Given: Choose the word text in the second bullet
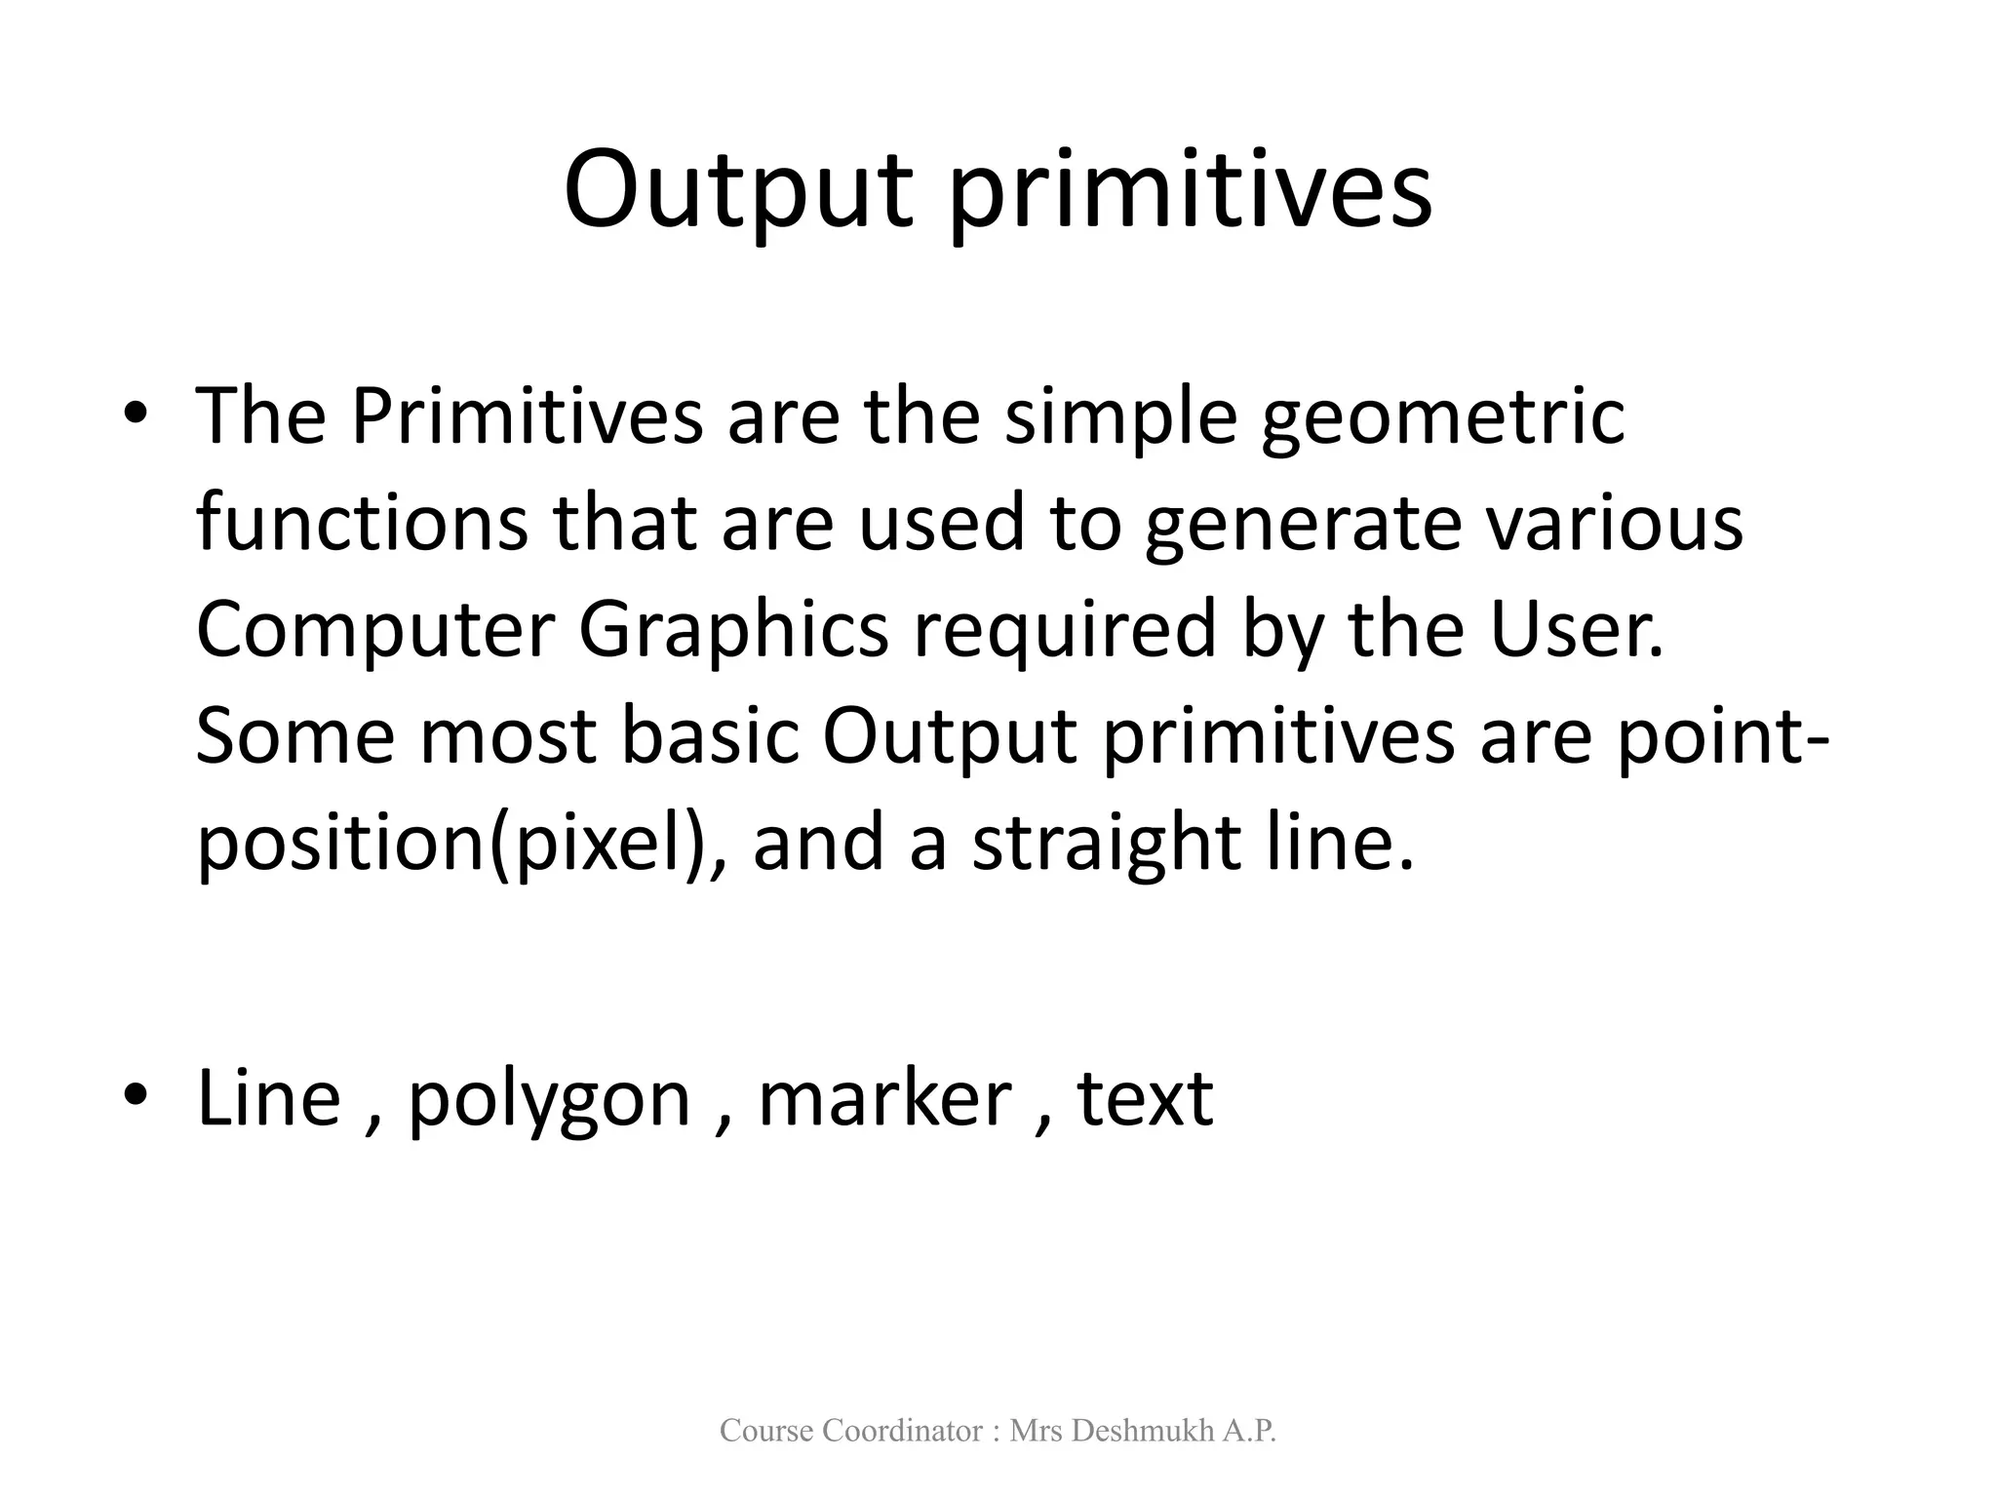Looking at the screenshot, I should point(1145,1099).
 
